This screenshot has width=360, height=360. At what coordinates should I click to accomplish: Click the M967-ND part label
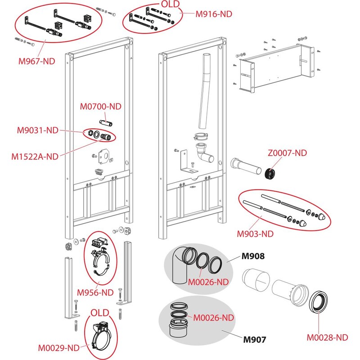click(36, 60)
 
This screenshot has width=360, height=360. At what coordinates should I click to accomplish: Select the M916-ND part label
click(214, 13)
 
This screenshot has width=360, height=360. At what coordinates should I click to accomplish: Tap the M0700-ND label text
click(101, 107)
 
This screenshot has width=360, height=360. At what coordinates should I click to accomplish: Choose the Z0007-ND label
click(287, 153)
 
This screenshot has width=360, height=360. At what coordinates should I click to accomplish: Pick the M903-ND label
click(255, 234)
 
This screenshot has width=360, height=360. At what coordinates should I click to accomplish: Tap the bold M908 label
click(253, 257)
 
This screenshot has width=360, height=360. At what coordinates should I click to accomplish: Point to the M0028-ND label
click(327, 337)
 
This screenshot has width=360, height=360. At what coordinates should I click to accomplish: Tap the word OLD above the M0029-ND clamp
click(100, 313)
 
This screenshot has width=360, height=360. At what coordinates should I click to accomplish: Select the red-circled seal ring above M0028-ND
click(319, 302)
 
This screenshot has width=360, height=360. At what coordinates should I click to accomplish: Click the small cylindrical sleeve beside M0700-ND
click(106, 122)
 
